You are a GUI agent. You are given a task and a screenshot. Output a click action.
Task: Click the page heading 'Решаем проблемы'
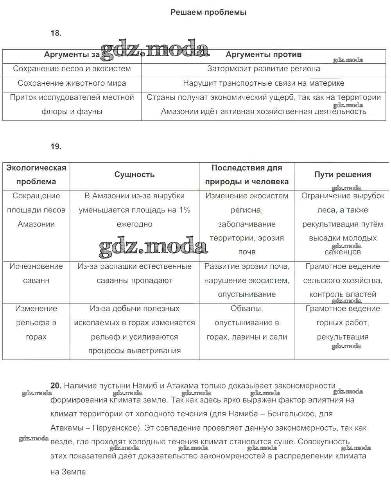coord(208,13)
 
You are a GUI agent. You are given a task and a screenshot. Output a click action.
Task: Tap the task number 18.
coord(56,33)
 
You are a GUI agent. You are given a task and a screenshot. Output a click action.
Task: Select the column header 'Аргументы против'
coord(264,55)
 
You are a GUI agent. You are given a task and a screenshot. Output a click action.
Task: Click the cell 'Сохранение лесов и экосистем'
coord(72,69)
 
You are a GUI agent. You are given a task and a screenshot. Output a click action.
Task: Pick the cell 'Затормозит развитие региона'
coord(264,69)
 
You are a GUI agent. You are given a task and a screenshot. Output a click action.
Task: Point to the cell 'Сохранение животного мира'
coord(72,83)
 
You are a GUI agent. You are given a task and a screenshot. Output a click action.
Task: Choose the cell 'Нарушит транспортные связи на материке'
coord(264,83)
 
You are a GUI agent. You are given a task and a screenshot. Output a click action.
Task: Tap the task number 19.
coord(56,147)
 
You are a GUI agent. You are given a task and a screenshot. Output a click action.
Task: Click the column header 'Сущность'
coord(135,175)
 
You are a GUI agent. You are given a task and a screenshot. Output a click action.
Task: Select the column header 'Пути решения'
coord(343,175)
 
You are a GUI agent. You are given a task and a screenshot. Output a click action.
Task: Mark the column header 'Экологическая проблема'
coord(36,175)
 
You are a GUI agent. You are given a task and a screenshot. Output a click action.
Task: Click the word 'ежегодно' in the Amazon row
coord(135,225)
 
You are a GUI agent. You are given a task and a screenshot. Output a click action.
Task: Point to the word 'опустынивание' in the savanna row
coord(247,295)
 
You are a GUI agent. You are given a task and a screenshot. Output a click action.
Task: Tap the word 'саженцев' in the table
coord(343,252)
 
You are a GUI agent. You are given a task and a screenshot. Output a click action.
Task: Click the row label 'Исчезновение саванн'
coord(36,273)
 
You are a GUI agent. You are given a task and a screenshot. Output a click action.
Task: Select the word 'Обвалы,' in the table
coord(247,309)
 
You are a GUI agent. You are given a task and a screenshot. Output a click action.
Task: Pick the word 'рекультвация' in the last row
coord(343,337)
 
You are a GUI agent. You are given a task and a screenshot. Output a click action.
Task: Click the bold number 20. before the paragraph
coord(56,386)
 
